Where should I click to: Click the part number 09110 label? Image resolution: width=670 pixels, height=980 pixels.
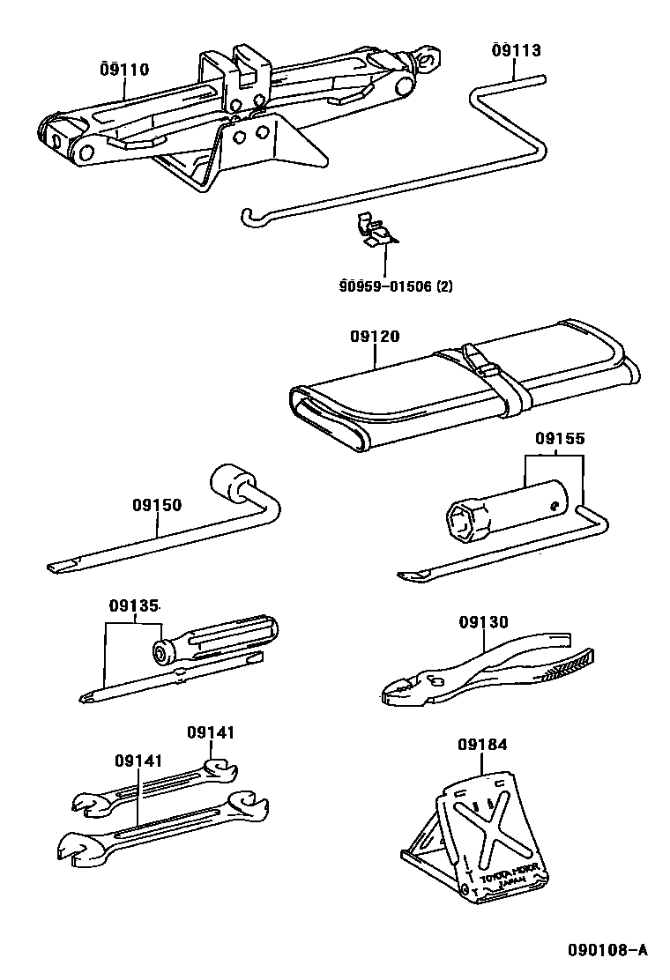pyautogui.click(x=124, y=70)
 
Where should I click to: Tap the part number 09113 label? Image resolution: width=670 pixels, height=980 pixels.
pyautogui.click(x=517, y=50)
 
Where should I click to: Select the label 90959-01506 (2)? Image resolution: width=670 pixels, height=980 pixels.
pyautogui.click(x=396, y=286)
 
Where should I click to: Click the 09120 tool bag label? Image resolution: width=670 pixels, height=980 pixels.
pyautogui.click(x=376, y=337)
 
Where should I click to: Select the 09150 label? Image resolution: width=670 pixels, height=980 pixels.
pyautogui.click(x=157, y=505)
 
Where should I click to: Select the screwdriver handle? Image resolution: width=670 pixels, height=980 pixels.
pyautogui.click(x=220, y=638)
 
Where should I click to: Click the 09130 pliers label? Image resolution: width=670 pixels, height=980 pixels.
pyautogui.click(x=483, y=622)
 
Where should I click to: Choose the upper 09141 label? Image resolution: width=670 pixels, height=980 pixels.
pyautogui.click(x=211, y=732)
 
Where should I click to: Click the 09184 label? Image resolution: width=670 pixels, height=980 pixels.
pyautogui.click(x=482, y=745)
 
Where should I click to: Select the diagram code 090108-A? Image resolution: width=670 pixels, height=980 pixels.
pyautogui.click(x=607, y=950)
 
